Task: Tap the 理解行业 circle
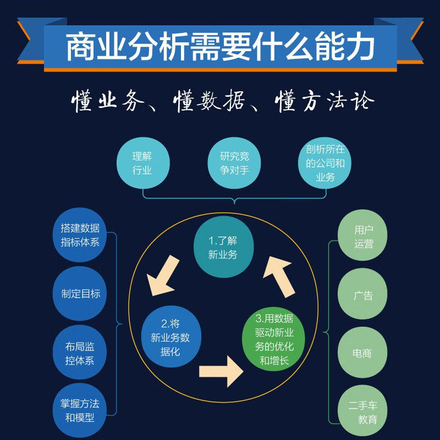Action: (x=142, y=163)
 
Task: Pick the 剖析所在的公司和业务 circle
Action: (x=325, y=163)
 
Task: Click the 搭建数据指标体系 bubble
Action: (x=80, y=235)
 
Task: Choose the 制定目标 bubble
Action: (x=80, y=293)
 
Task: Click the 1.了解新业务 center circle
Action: (x=222, y=248)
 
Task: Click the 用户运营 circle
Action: (x=363, y=237)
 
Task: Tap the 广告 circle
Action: (x=363, y=295)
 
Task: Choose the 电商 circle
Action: (x=363, y=353)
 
